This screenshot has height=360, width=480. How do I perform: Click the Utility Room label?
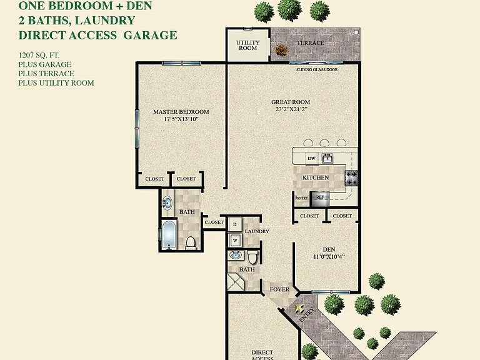pos(248,45)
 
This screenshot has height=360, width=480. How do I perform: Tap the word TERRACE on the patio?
pos(311,43)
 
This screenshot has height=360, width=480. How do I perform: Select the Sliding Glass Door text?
pos(317,69)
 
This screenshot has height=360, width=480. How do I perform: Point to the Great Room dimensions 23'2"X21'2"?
pos(291,109)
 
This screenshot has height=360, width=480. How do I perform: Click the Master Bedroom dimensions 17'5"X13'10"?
pos(181,119)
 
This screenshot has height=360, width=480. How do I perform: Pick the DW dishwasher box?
pos(312,158)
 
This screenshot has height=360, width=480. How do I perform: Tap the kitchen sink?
pos(327,158)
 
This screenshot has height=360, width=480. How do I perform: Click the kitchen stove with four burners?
pos(351,178)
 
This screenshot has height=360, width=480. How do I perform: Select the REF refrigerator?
pos(320,199)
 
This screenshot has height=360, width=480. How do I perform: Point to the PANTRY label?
pos(301,198)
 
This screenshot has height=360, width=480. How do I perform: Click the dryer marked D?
pos(235,224)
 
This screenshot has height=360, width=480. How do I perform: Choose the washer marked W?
pos(235,240)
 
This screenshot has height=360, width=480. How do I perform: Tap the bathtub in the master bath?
pos(169,234)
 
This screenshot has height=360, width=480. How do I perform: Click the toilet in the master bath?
pos(191,242)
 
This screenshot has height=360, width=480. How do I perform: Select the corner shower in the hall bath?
pos(236,282)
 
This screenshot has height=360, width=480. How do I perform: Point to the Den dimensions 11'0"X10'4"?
pos(329,257)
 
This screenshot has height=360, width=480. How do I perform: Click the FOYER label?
pos(279,289)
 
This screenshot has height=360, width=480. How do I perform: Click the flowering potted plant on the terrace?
pos(281,50)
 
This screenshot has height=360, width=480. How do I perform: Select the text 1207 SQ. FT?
pos(39,55)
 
